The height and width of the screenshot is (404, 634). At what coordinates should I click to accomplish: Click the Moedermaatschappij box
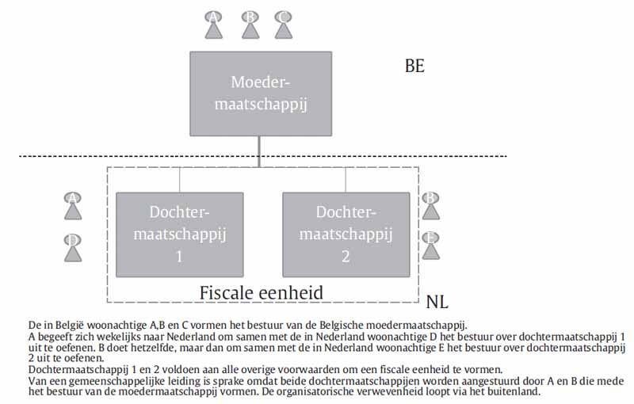tap(260, 93)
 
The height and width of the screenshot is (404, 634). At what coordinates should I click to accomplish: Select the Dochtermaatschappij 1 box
tap(179, 234)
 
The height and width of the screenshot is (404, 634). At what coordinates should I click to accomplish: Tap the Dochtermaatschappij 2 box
tap(346, 234)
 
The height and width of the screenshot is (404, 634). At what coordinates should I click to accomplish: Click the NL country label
tap(437, 302)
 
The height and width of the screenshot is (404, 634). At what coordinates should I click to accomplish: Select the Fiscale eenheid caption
tap(262, 292)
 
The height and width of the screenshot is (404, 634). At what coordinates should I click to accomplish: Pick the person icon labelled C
tap(283, 25)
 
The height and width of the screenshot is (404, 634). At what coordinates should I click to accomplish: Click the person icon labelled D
tap(73, 247)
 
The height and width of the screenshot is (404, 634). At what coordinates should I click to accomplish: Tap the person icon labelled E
tap(430, 246)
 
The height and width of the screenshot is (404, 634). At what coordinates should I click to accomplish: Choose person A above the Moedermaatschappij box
tap(212, 25)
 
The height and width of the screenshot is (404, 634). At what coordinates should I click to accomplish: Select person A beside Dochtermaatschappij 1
tap(73, 206)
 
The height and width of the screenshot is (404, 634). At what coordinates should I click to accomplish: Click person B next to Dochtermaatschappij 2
tap(430, 205)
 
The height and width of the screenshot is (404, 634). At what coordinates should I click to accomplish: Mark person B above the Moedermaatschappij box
tap(250, 25)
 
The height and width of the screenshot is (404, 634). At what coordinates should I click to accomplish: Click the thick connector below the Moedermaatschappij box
tap(259, 151)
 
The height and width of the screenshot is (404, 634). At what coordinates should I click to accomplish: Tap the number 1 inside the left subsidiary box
tap(179, 257)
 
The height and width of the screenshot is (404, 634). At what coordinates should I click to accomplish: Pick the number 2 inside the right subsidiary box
tap(346, 257)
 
